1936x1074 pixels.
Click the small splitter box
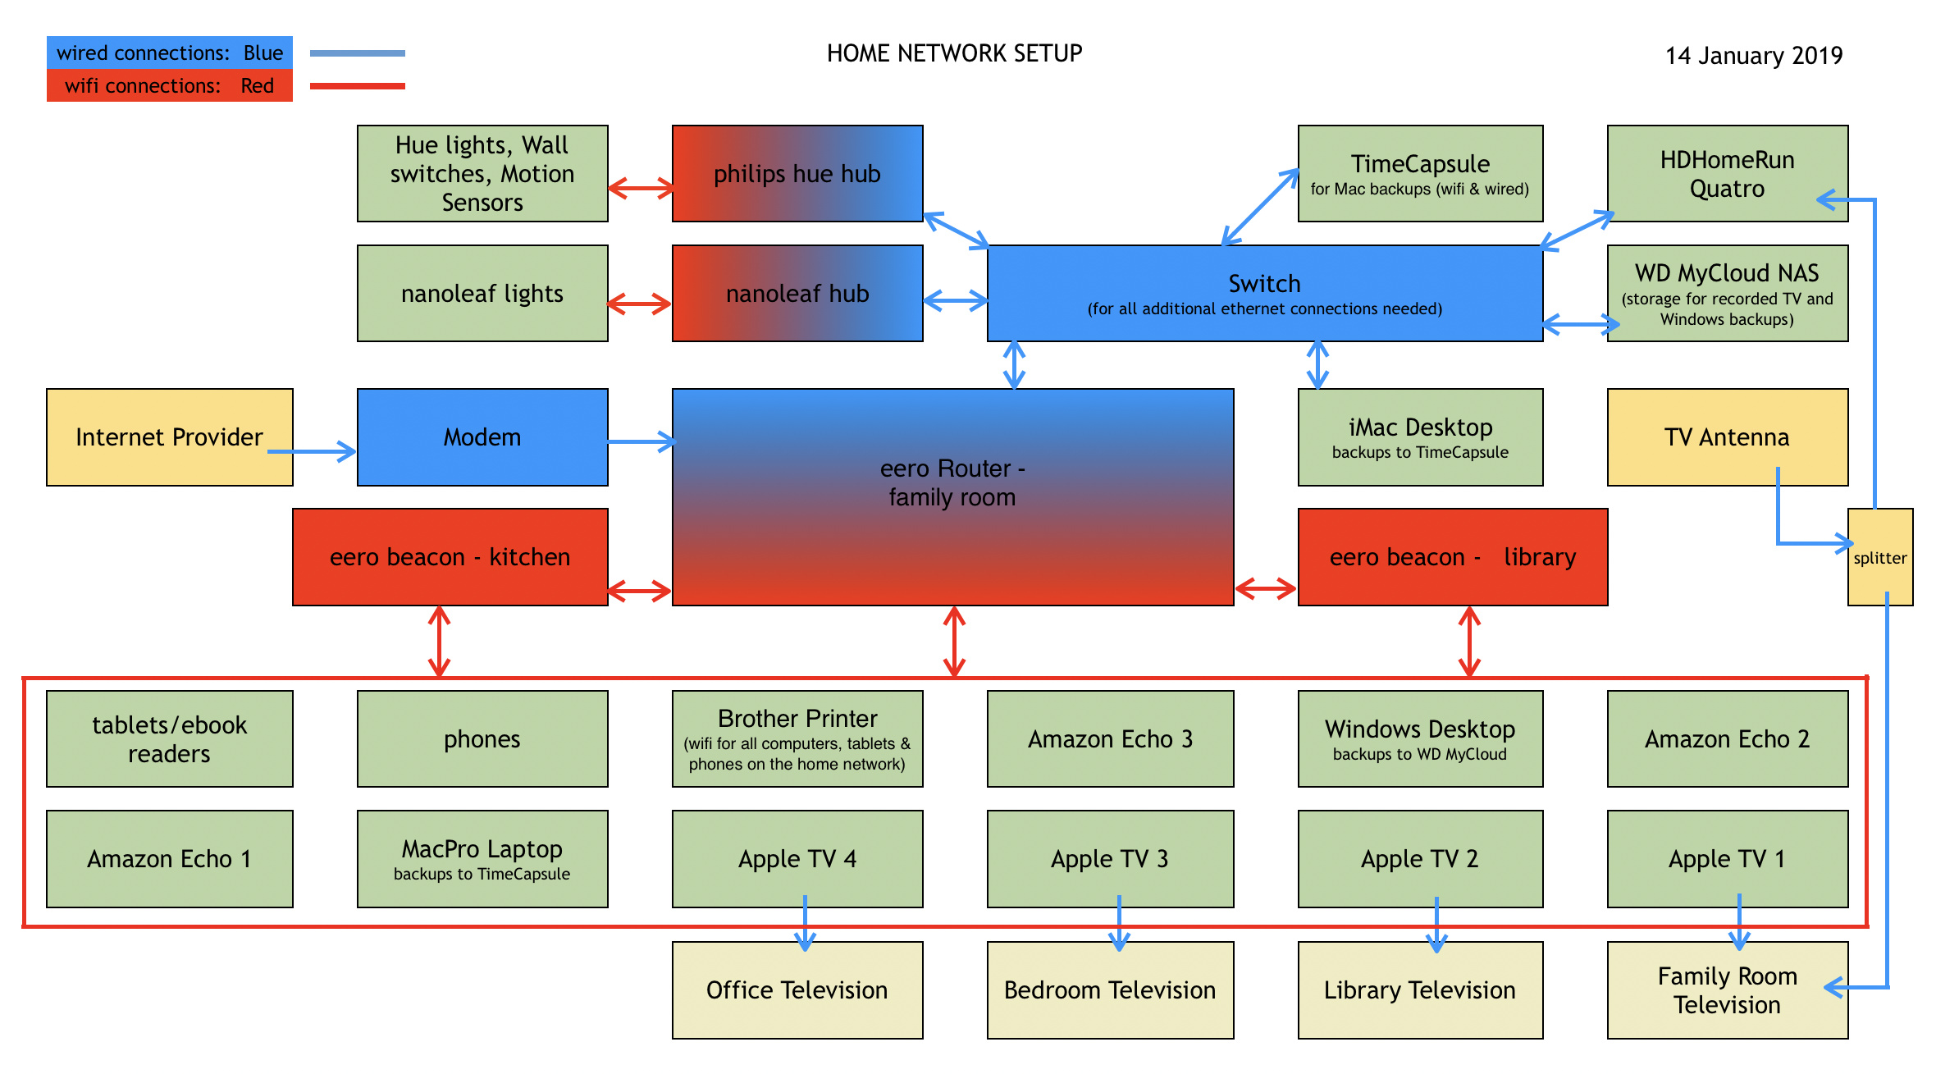click(1879, 557)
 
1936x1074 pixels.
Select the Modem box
click(482, 437)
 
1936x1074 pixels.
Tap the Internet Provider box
click(169, 437)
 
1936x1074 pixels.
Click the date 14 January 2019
click(1753, 56)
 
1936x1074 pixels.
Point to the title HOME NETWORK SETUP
click(954, 53)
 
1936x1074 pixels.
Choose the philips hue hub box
click(797, 174)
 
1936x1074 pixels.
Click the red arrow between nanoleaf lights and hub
click(640, 304)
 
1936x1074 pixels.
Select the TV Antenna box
click(1727, 437)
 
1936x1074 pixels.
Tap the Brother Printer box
click(797, 739)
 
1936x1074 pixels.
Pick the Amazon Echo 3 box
click(1110, 739)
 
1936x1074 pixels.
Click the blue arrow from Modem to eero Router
click(641, 442)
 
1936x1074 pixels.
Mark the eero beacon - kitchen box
click(450, 557)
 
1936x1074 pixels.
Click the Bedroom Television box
click(1110, 990)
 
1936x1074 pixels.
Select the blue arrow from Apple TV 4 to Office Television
click(805, 925)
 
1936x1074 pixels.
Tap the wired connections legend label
click(169, 53)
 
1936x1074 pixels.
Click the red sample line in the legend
click(357, 85)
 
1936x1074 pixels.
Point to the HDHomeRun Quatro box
click(1727, 174)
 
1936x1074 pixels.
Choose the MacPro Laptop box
click(482, 859)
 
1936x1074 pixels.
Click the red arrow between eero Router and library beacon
click(1266, 588)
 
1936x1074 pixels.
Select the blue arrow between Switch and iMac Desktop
click(1317, 365)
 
